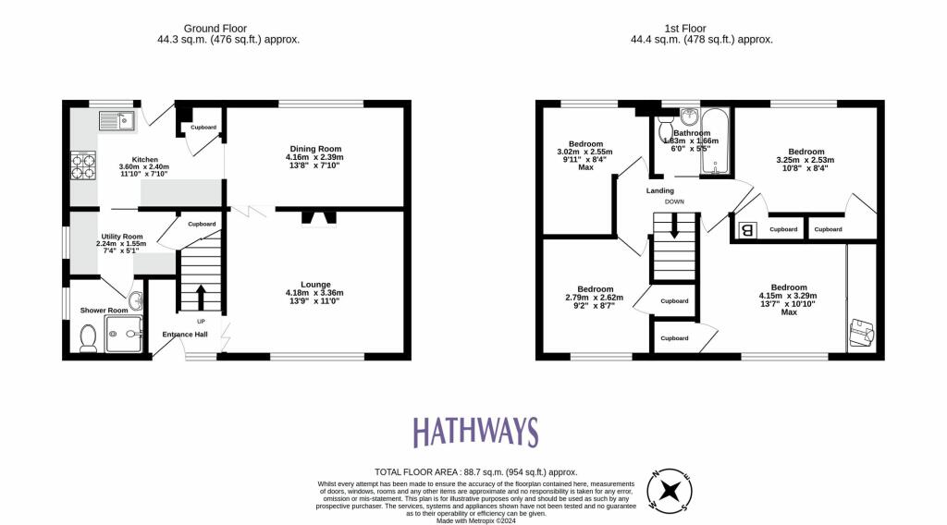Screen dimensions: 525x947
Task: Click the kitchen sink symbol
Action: click(117, 119)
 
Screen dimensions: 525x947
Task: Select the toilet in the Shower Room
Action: click(90, 342)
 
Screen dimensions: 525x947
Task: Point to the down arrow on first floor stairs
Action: click(674, 226)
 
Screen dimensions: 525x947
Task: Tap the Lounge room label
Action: click(314, 284)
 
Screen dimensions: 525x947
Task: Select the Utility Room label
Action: click(122, 237)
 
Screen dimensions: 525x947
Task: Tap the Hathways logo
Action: click(474, 432)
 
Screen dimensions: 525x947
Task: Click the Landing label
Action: click(659, 191)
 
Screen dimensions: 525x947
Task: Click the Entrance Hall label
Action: click(185, 335)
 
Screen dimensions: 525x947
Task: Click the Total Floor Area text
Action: click(473, 471)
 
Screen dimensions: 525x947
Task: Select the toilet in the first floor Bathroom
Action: click(667, 133)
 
